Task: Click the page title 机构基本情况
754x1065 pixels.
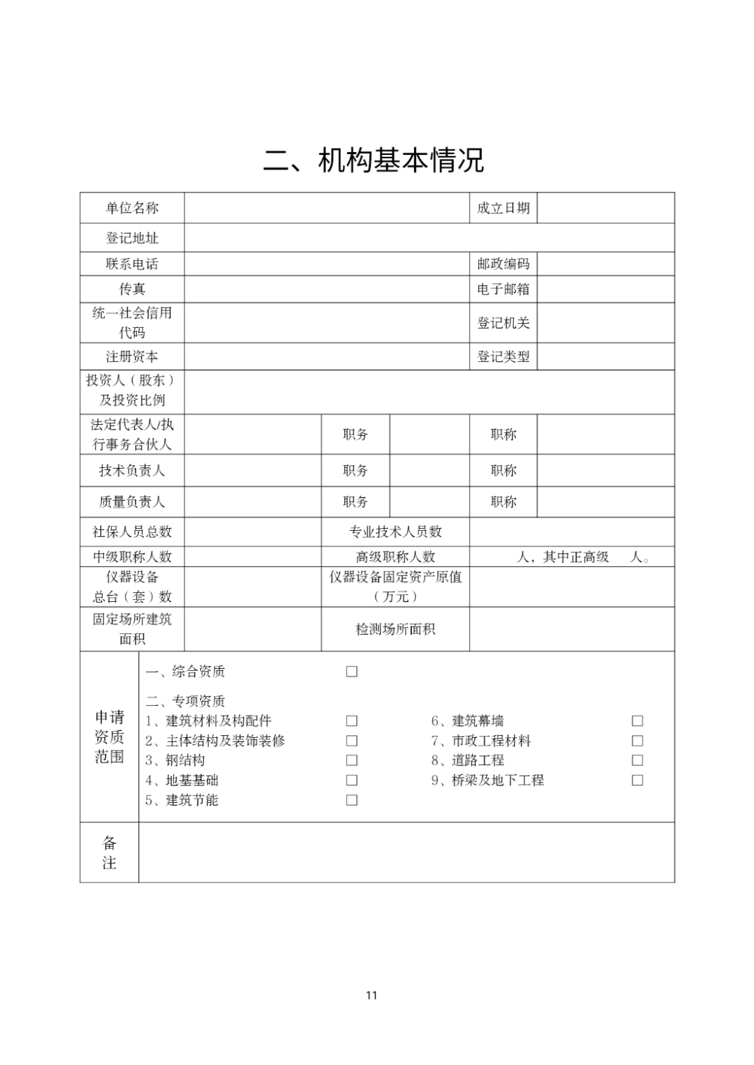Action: click(x=374, y=160)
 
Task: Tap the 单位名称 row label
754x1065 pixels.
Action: click(x=132, y=208)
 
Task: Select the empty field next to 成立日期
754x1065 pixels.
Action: click(x=605, y=208)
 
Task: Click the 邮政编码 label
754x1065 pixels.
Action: click(x=503, y=264)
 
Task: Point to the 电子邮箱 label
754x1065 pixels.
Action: click(x=503, y=289)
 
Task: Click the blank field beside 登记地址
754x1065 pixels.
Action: click(x=429, y=238)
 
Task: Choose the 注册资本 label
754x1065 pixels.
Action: click(x=132, y=356)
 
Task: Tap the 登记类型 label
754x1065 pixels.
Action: click(x=503, y=356)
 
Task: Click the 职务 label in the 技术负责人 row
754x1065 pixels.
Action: click(x=355, y=471)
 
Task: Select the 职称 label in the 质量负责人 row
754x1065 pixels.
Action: click(x=503, y=501)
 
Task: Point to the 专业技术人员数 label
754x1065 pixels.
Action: click(x=395, y=531)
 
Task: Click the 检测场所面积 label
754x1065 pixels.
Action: click(x=395, y=629)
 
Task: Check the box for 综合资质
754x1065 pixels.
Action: click(x=352, y=672)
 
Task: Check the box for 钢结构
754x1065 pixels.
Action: click(x=352, y=760)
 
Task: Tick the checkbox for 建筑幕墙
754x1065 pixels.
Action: click(x=637, y=721)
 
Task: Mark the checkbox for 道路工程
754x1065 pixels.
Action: click(x=637, y=760)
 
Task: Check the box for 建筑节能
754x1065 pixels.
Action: click(x=352, y=800)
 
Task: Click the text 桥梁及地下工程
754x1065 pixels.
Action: click(x=497, y=780)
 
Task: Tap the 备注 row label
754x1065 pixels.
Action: click(x=110, y=852)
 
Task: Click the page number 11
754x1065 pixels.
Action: click(x=371, y=995)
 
